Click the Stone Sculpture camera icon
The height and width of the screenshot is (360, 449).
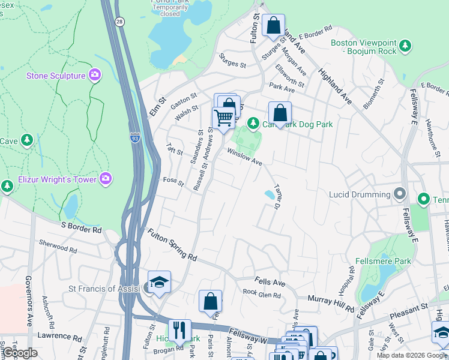coord(95,75)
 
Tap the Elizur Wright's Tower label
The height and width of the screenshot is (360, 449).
coord(55,178)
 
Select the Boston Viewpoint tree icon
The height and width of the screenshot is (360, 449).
coord(405,45)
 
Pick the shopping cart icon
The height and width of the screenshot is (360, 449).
coord(223,118)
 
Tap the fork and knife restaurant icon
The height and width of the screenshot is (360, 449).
coord(179,330)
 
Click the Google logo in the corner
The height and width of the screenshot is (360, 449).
coord(19,353)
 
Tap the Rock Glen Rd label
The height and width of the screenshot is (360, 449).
coord(262,294)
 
